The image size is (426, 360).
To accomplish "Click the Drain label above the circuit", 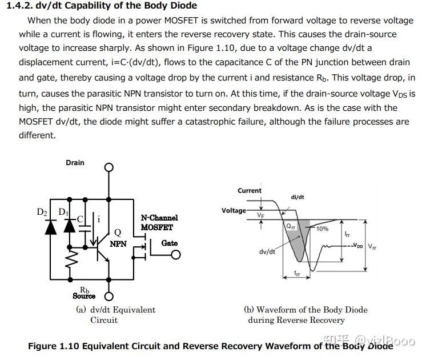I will (75, 163).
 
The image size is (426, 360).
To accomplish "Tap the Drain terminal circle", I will (108, 167).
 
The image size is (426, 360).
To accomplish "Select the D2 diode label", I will (42, 212).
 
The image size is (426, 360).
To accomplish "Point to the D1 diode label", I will (63, 212).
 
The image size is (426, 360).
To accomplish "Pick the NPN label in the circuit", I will (118, 244).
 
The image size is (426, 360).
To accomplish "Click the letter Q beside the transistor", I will (118, 233).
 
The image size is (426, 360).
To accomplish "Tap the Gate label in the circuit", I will (170, 243).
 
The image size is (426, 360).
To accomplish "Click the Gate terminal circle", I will (176, 255).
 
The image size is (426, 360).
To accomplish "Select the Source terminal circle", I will (108, 296).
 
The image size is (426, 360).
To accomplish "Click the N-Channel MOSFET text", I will (159, 222).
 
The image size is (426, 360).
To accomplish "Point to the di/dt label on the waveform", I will (298, 197).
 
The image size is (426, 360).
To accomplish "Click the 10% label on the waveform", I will (323, 229).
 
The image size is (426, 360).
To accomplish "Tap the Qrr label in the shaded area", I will (291, 226).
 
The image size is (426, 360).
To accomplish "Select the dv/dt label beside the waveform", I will (267, 251).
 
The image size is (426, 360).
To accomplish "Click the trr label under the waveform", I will (298, 273).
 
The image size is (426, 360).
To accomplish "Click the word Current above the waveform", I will (250, 191).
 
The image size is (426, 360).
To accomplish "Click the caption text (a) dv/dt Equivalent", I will (116, 310).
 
